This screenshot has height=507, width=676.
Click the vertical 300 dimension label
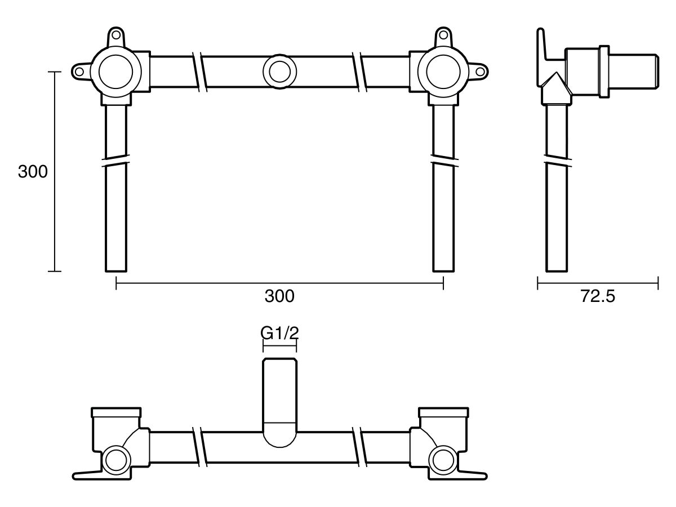click(33, 172)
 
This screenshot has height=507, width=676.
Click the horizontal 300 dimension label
click(279, 296)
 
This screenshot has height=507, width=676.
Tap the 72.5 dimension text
click(598, 296)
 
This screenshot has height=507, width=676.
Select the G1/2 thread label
click(279, 333)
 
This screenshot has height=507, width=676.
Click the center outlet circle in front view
click(279, 72)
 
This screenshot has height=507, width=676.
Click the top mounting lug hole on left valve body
click(117, 35)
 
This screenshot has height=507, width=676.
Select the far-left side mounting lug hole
click(79, 72)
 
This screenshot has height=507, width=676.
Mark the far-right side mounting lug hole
click(480, 72)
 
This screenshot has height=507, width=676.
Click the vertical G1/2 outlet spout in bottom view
click(279, 394)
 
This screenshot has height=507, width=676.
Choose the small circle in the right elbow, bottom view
click(443, 459)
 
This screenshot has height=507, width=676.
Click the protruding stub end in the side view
click(634, 72)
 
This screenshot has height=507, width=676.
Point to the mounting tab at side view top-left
click(542, 48)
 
